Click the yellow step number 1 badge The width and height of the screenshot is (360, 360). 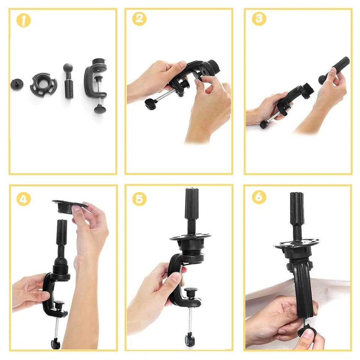point(23,20)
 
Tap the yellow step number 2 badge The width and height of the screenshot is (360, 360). point(139,19)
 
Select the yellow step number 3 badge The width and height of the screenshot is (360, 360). point(259,19)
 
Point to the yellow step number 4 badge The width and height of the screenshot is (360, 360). point(23,199)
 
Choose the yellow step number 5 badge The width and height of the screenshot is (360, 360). point(139,199)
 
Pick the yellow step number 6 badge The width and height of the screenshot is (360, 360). point(259,197)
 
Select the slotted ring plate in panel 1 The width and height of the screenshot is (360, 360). point(43,84)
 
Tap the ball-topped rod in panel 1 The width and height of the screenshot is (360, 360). point(68,81)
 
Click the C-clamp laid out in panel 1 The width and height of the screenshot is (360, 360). point(96,85)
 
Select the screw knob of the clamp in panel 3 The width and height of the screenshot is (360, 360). point(264,125)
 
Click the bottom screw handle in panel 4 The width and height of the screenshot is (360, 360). point(55,344)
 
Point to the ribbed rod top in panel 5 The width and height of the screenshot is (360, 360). point(192,204)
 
